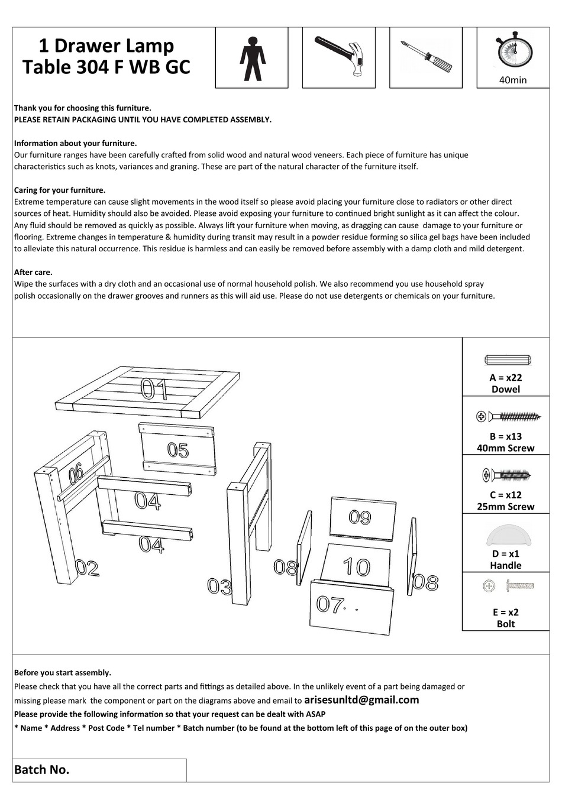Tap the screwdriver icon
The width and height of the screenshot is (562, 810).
[425, 56]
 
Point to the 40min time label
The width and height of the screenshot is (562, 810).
[513, 80]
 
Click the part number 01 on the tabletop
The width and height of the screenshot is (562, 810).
[154, 389]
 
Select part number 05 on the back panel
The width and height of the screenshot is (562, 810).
[177, 451]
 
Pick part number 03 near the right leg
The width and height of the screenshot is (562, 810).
[219, 587]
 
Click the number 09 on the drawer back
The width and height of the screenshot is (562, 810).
[360, 517]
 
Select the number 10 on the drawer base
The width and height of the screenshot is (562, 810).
[356, 567]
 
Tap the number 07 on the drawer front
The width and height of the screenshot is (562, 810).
[330, 604]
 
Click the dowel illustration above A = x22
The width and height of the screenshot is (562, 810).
[508, 360]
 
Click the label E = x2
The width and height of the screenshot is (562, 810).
[506, 613]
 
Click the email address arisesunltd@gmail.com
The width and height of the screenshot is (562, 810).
[361, 700]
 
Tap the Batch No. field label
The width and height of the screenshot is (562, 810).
[41, 770]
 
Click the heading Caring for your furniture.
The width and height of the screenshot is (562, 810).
[60, 190]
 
